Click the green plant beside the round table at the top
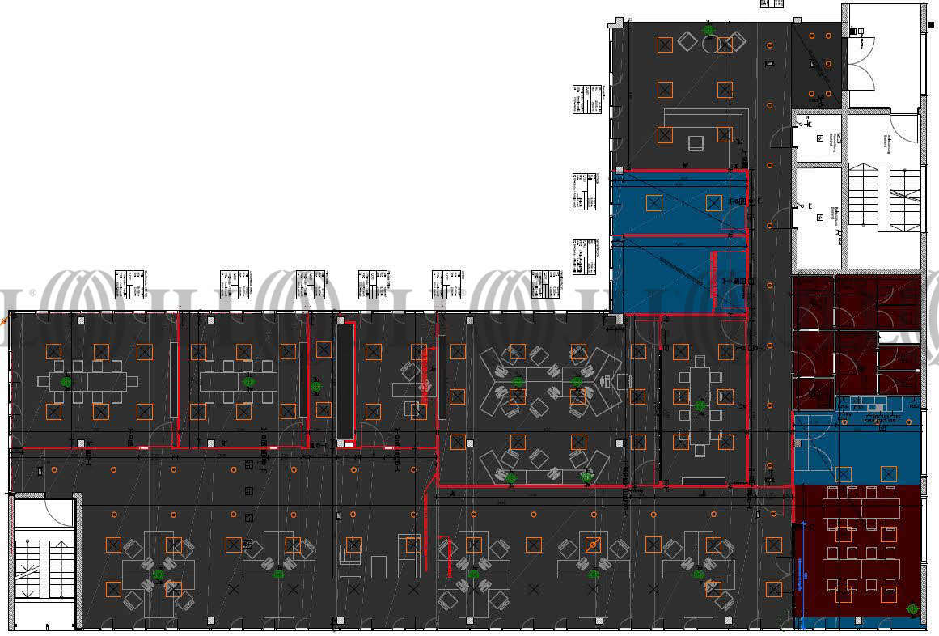pos(708,31)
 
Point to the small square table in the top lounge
pos(695,142)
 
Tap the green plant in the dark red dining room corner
pos(912,608)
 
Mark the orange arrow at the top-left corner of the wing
pos(4,321)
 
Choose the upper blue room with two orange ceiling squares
pos(678,202)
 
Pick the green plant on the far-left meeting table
pos(66,381)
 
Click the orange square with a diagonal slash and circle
pos(593,545)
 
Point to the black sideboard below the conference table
pos(703,481)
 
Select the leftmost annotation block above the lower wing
pos(129,284)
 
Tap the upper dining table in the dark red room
pos(861,508)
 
